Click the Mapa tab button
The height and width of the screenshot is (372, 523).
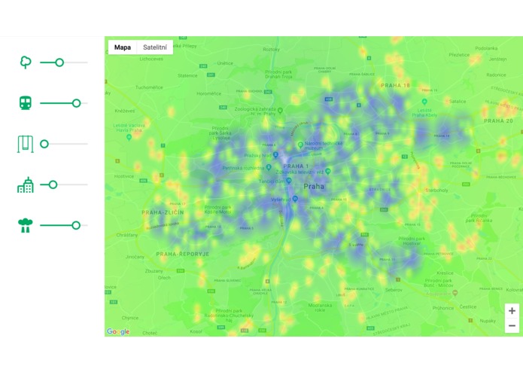pos(123,47)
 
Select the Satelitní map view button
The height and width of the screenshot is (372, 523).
pos(154,47)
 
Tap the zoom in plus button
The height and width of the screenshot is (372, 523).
pos(512,310)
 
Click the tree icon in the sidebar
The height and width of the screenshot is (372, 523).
pos(26,63)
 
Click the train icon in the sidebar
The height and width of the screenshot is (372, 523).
pos(26,103)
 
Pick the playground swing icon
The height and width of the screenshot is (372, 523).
pos(26,144)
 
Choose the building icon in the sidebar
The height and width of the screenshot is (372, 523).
pos(26,184)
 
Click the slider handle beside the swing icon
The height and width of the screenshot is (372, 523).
pos(44,144)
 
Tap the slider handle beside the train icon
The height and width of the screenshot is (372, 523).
pos(76,103)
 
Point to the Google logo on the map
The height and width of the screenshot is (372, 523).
pos(118,331)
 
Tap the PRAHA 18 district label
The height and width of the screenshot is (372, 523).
pos(395,86)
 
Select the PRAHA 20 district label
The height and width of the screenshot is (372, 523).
pos(498,120)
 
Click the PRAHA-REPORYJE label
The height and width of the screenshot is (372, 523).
pos(182,254)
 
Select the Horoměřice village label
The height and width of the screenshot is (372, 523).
pos(211,93)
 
